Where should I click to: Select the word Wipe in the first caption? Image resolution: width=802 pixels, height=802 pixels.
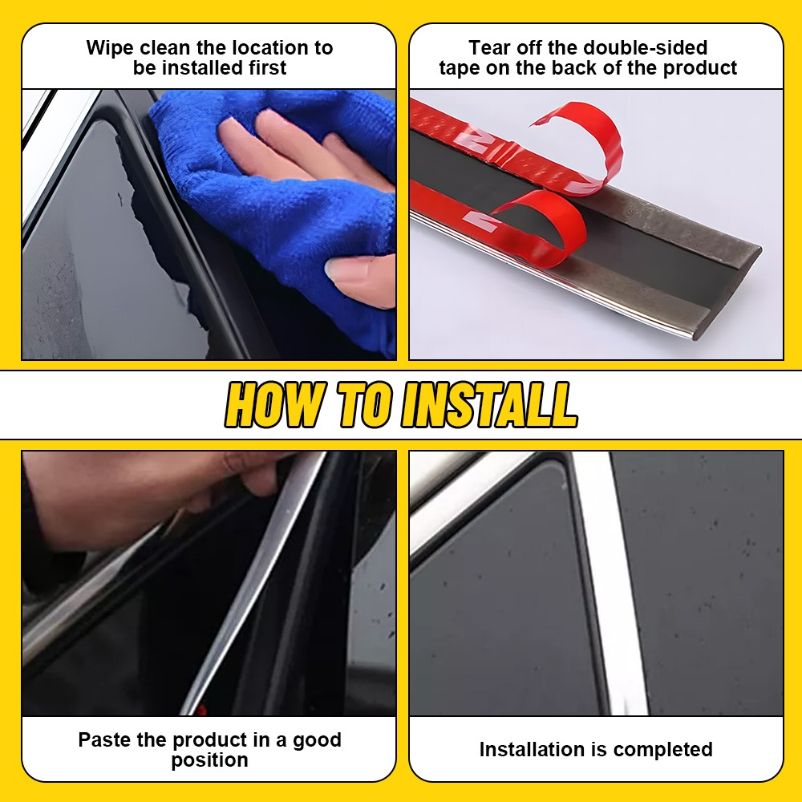click(110, 48)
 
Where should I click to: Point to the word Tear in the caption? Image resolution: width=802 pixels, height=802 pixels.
click(489, 48)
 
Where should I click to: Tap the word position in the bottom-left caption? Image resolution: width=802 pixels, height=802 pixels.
click(209, 760)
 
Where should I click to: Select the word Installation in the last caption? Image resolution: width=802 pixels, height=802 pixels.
click(532, 750)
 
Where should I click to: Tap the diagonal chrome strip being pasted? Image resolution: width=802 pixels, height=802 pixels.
click(257, 577)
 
